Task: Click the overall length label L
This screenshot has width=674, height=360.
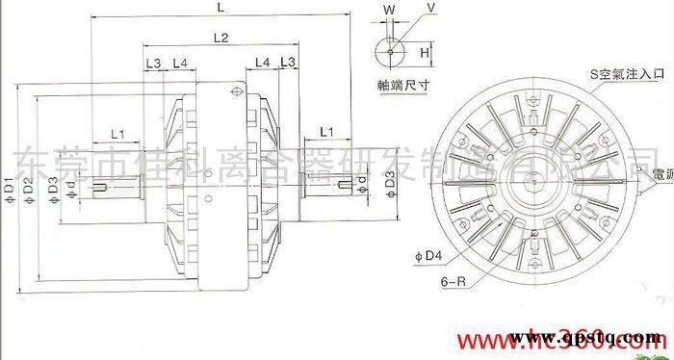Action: point(222,8)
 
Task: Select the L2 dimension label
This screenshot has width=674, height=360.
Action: point(219,39)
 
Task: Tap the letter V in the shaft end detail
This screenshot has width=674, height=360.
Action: point(430,9)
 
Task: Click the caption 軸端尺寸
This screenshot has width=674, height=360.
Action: point(402,85)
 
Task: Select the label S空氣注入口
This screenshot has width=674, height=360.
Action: point(627,72)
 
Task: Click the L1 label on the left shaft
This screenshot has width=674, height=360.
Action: point(120,131)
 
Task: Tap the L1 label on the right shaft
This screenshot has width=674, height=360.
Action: point(326,130)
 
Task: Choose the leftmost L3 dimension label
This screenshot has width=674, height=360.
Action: point(153,63)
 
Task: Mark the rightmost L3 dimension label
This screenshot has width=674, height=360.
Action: point(286,63)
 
